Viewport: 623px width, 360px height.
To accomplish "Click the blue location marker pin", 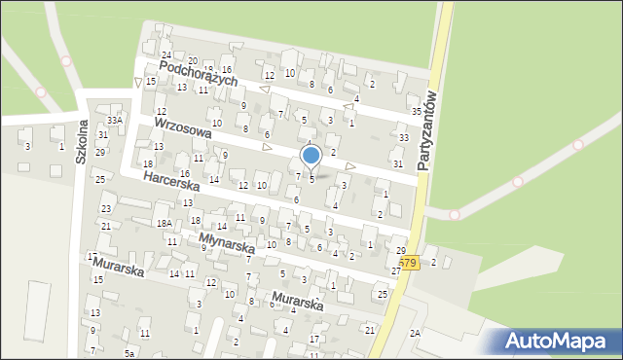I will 311,156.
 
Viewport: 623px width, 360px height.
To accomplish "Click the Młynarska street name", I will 226,242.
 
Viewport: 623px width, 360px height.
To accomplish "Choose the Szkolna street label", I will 84,143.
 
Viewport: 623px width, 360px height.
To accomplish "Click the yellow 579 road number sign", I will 408,264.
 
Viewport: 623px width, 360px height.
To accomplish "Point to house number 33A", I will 115,120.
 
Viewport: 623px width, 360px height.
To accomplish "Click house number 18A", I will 164,223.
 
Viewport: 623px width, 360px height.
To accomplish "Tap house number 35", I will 416,112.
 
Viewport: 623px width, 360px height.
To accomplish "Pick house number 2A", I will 415,333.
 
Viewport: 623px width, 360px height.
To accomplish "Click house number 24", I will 166,54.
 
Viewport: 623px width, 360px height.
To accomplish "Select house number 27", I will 396,270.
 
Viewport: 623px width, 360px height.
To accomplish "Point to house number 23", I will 106,209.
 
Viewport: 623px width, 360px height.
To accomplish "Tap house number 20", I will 192,60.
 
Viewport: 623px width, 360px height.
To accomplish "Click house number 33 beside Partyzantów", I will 403,138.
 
